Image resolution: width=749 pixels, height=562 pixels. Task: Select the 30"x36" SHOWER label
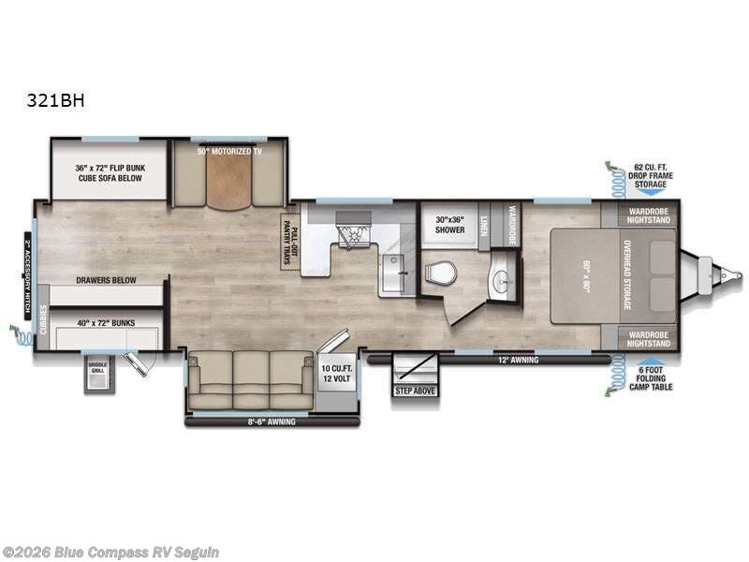click(x=448, y=225)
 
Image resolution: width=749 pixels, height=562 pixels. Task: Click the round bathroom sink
click(x=501, y=279)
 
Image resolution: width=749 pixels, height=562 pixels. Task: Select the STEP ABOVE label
click(x=415, y=390)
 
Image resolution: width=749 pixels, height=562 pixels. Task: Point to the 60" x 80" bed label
click(x=585, y=276)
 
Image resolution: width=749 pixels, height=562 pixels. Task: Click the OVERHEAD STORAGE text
click(x=628, y=275)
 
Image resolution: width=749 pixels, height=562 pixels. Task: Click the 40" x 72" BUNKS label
click(x=105, y=323)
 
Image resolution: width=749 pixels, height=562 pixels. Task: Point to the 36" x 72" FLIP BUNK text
click(x=110, y=169)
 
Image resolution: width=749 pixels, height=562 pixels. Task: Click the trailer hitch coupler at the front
click(x=721, y=275)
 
